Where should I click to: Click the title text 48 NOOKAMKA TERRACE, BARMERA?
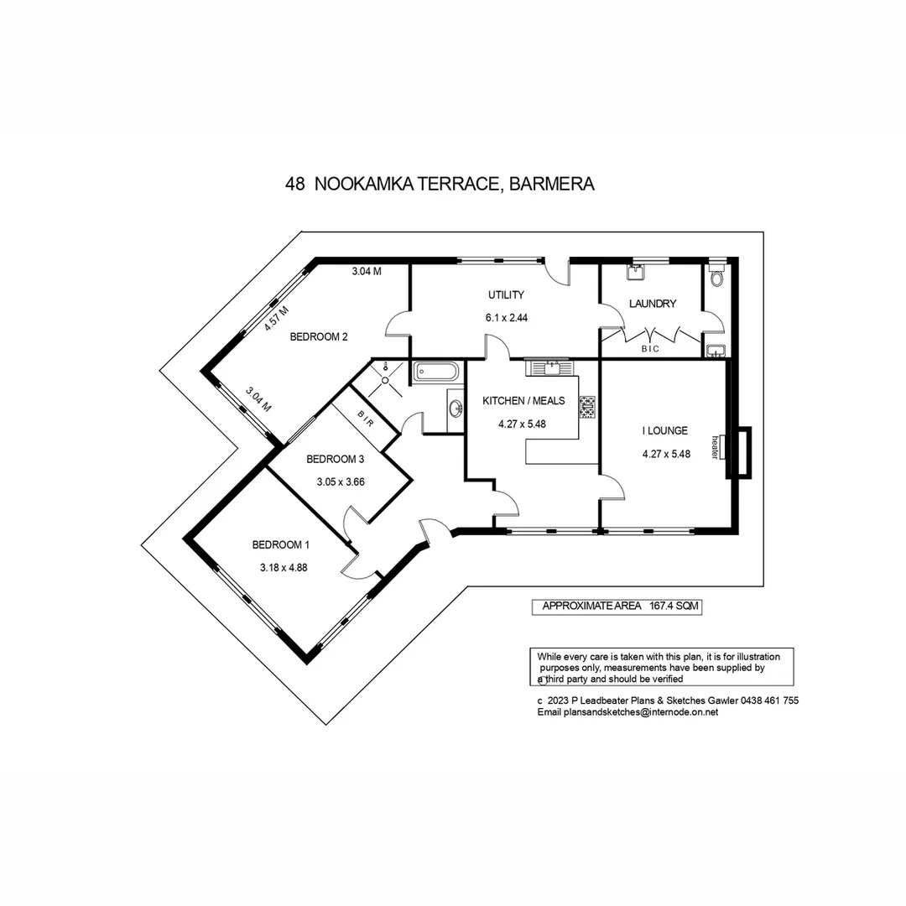(440, 185)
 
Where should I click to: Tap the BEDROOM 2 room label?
(319, 337)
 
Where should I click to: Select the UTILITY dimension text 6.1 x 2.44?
(506, 318)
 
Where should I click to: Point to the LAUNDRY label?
(652, 304)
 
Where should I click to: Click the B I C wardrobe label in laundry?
(650, 348)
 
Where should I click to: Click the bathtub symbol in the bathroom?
(435, 372)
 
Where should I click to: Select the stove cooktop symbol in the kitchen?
(587, 406)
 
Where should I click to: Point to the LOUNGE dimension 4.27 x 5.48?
(665, 454)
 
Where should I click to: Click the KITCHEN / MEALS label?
(523, 401)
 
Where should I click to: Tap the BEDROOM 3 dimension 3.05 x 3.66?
(340, 482)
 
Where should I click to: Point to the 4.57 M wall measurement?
(276, 319)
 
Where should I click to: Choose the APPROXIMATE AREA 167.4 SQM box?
(617, 607)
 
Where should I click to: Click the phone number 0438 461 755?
(769, 700)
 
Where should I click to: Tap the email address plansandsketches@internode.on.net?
(627, 711)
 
